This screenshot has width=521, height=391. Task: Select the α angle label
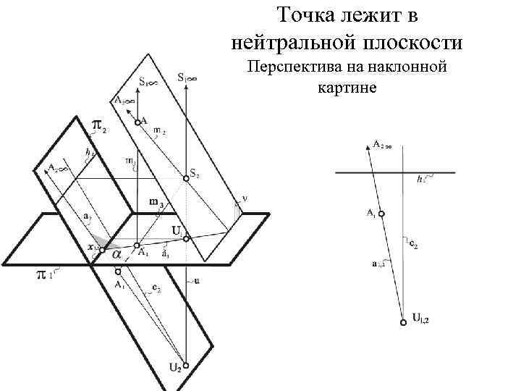(115, 253)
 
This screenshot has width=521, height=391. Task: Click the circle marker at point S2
(186, 179)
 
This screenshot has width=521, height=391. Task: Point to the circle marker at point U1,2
(404, 323)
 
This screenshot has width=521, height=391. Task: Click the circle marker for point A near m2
(137, 123)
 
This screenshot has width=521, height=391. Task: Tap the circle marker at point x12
(102, 250)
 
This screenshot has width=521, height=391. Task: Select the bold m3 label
(156, 202)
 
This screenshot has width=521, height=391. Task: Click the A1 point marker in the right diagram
(381, 214)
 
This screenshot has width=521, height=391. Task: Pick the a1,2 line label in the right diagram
(378, 265)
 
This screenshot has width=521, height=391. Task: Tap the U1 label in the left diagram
(177, 230)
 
